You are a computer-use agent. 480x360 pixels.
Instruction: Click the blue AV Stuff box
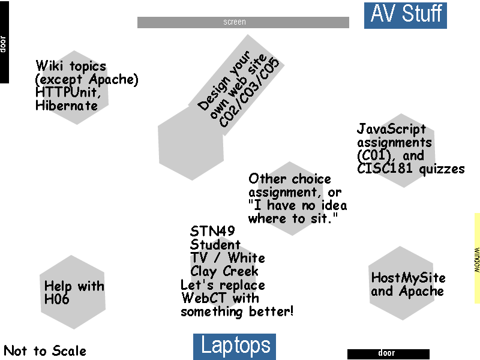click(406, 16)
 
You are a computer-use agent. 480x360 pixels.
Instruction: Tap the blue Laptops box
click(235, 347)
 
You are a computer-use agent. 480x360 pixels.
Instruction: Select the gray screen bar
click(243, 22)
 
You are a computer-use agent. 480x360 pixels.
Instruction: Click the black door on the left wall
click(4, 42)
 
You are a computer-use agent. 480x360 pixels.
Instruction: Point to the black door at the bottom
click(388, 354)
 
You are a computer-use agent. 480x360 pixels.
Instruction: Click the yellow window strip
click(477, 258)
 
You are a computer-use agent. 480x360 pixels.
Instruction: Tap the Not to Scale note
click(44, 351)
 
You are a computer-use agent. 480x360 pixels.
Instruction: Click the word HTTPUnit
click(68, 92)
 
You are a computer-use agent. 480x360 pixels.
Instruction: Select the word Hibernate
click(67, 106)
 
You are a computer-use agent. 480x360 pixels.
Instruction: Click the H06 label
click(56, 299)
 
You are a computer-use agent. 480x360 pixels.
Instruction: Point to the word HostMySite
click(408, 278)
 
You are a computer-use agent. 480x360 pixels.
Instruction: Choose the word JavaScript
click(391, 129)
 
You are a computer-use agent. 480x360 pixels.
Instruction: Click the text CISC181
click(385, 169)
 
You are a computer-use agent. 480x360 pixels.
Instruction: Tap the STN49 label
click(212, 231)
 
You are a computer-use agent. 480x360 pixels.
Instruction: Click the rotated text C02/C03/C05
click(249, 92)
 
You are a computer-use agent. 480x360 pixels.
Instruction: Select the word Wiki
click(49, 65)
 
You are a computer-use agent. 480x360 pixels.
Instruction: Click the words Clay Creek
click(224, 272)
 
